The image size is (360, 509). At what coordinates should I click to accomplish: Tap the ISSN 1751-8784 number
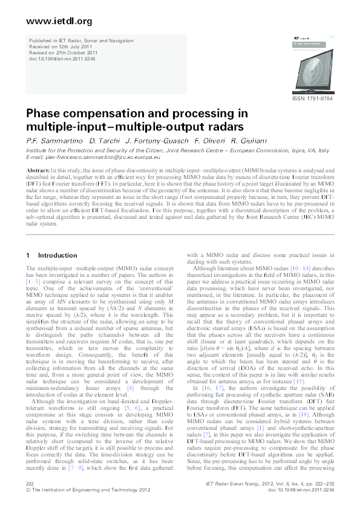coord(313,99)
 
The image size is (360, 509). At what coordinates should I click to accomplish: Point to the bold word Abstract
coord(37,171)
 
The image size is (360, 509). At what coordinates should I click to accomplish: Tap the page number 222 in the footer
coord(30,485)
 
